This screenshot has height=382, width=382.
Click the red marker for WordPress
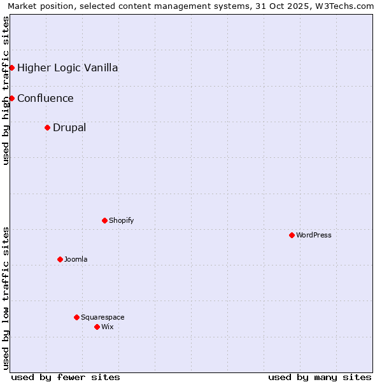[292, 235]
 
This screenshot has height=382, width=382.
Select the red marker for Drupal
[47, 127]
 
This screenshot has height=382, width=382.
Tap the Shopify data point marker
[104, 220]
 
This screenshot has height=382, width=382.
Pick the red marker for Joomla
[60, 259]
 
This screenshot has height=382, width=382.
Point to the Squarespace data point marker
[76, 317]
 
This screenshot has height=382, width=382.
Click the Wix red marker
[97, 327]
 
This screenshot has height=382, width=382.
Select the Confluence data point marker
[11, 98]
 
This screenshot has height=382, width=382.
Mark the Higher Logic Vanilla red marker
[11, 67]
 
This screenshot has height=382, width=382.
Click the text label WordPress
[314, 235]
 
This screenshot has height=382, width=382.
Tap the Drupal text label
[69, 127]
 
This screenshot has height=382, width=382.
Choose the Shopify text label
[122, 220]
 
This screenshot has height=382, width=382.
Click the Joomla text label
[76, 259]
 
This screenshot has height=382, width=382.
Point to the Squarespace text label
[103, 317]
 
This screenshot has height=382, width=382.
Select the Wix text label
[108, 327]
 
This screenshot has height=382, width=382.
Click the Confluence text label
[45, 98]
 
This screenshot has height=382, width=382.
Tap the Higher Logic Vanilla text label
[67, 67]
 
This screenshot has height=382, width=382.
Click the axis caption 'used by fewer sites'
[66, 377]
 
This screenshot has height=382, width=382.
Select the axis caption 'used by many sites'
[320, 377]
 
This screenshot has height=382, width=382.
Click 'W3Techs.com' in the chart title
[347, 6]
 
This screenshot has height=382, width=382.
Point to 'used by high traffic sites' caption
[6, 90]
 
